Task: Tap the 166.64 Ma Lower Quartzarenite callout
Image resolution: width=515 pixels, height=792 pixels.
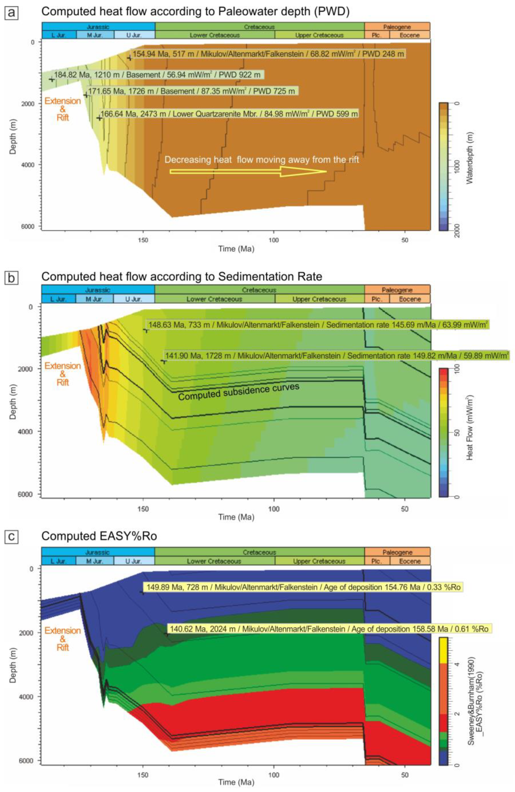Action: coord(229,114)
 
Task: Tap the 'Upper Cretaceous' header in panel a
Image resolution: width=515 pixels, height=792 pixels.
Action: coord(319,35)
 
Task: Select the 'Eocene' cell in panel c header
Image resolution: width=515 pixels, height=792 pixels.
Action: coord(410,561)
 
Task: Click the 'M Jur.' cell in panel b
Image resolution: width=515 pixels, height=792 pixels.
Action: coord(94,299)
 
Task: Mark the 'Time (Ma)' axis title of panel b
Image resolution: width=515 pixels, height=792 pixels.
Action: coord(236,517)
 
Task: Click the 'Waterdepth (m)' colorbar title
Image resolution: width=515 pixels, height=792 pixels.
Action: coord(470,157)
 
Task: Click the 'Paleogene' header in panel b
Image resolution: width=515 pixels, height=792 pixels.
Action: coord(397,290)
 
